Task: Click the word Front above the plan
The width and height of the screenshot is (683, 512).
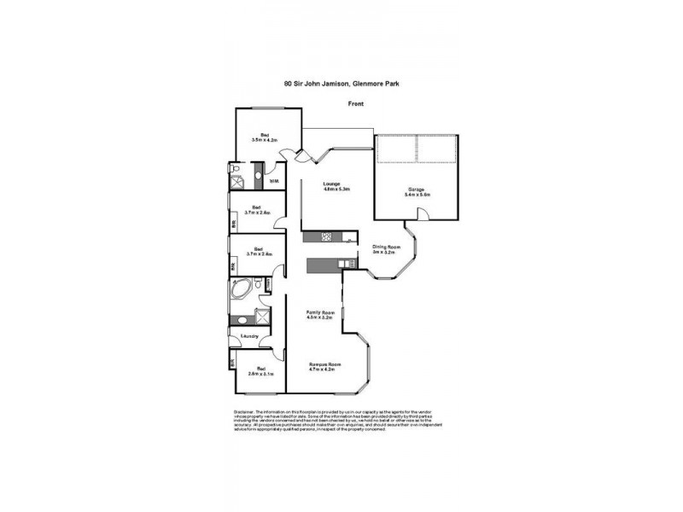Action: click(x=356, y=103)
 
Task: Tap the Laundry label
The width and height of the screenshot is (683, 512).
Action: click(x=250, y=338)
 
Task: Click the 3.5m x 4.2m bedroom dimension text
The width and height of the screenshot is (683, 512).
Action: click(x=265, y=140)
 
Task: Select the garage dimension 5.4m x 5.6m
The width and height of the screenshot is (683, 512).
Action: click(x=417, y=195)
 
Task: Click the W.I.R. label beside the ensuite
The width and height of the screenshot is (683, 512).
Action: click(x=273, y=181)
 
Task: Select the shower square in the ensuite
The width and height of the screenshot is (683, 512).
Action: click(x=240, y=179)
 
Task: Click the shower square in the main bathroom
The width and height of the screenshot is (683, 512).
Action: click(x=241, y=320)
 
